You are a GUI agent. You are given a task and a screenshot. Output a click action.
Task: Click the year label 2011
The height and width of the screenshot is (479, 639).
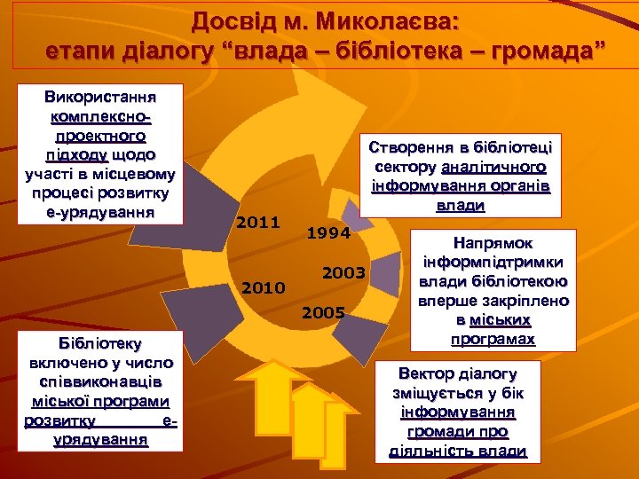pyautogui.click(x=258, y=222)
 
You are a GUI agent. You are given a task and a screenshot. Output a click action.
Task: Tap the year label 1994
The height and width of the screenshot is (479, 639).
pyautogui.click(x=327, y=234)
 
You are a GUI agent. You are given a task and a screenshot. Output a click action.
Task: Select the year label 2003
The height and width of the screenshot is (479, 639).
pyautogui.click(x=343, y=272)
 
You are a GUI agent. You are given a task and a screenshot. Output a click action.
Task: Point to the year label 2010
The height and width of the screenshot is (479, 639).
pyautogui.click(x=263, y=287)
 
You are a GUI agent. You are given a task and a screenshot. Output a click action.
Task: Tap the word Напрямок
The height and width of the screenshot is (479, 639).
pyautogui.click(x=494, y=242)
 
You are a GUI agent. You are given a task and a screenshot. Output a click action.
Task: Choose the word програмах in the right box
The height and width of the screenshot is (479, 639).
pyautogui.click(x=493, y=339)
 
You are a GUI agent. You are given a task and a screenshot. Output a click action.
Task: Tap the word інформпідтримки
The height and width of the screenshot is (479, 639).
pyautogui.click(x=493, y=262)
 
